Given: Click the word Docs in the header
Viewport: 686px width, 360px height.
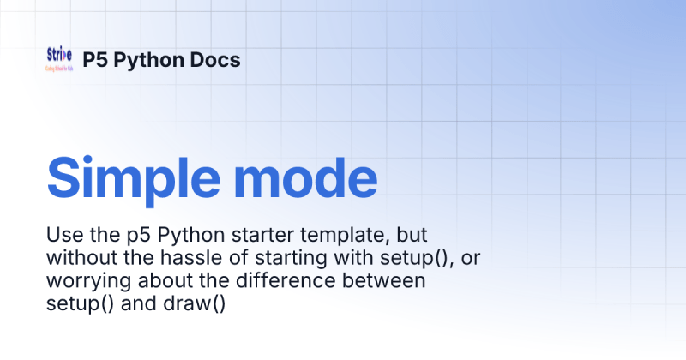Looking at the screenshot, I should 215,60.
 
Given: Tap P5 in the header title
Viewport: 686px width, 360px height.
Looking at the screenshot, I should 94,60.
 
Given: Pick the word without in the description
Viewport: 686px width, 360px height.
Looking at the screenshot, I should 80,258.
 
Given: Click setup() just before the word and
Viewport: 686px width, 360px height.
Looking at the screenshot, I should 75,304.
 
